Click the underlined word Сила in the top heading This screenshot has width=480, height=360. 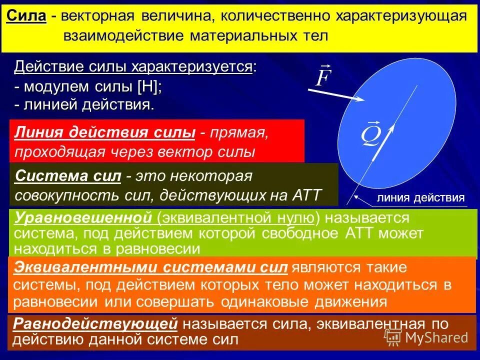[26, 15]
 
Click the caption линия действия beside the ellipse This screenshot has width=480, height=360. [420, 197]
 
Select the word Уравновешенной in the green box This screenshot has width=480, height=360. [83, 218]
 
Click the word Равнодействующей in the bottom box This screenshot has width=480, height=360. [95, 324]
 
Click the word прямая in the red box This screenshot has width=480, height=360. [240, 133]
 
